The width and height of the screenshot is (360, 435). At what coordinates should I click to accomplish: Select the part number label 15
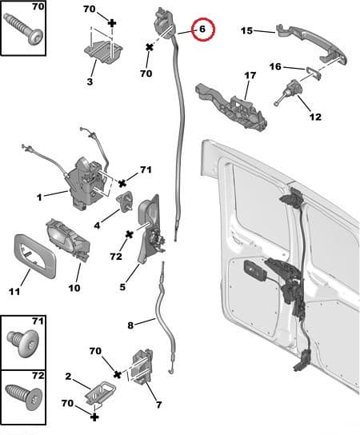coord(246,31)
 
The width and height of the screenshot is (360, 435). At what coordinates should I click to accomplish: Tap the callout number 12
coord(314,117)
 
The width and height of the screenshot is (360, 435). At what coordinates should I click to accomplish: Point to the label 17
coord(250,75)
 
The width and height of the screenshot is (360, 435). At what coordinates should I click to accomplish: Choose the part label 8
coord(130,325)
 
